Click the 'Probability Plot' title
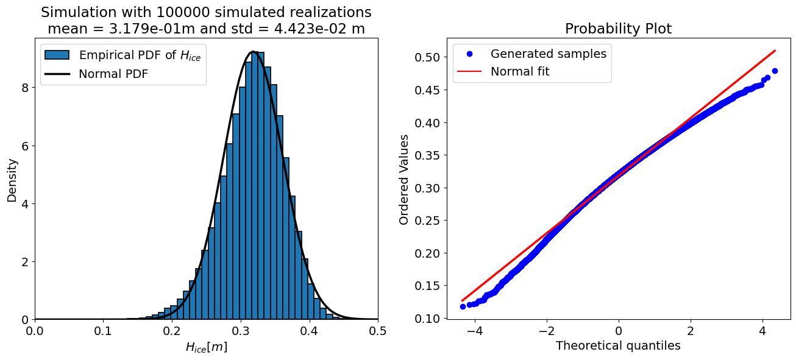(618, 29)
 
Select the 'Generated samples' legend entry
(548, 54)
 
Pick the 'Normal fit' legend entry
(520, 71)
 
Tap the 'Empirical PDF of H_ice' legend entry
(140, 55)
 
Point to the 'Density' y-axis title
(12, 180)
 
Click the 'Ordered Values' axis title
(404, 180)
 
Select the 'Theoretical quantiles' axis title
(618, 346)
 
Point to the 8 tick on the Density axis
(24, 88)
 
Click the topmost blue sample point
(775, 71)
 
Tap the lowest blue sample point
(463, 306)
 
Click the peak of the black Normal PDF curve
(253, 52)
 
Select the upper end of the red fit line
(775, 51)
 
